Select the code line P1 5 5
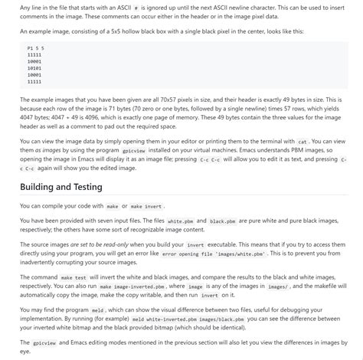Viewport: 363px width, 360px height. coord(35,47)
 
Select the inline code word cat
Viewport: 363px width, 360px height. coord(302,142)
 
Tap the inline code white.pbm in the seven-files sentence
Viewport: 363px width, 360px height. coord(180,221)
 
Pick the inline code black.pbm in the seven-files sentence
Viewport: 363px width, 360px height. coord(222,221)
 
